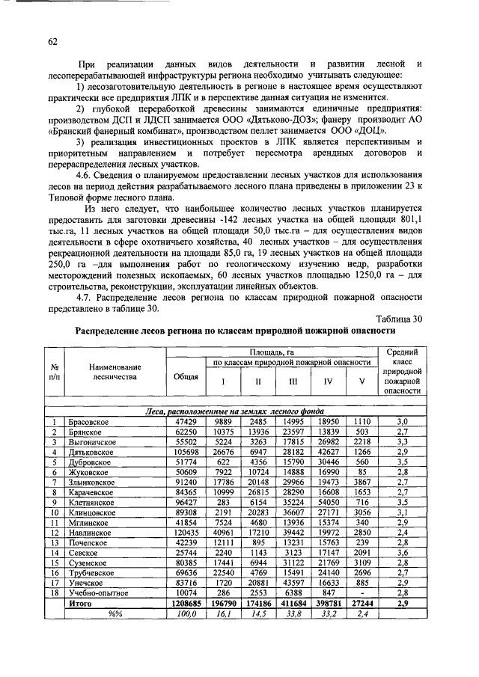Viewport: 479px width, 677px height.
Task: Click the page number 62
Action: point(52,42)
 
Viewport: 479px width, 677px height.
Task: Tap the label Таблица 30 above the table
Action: point(399,319)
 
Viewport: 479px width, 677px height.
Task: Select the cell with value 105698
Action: point(186,451)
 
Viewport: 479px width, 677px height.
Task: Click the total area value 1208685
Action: point(186,600)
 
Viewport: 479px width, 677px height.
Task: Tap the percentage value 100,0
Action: point(186,610)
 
